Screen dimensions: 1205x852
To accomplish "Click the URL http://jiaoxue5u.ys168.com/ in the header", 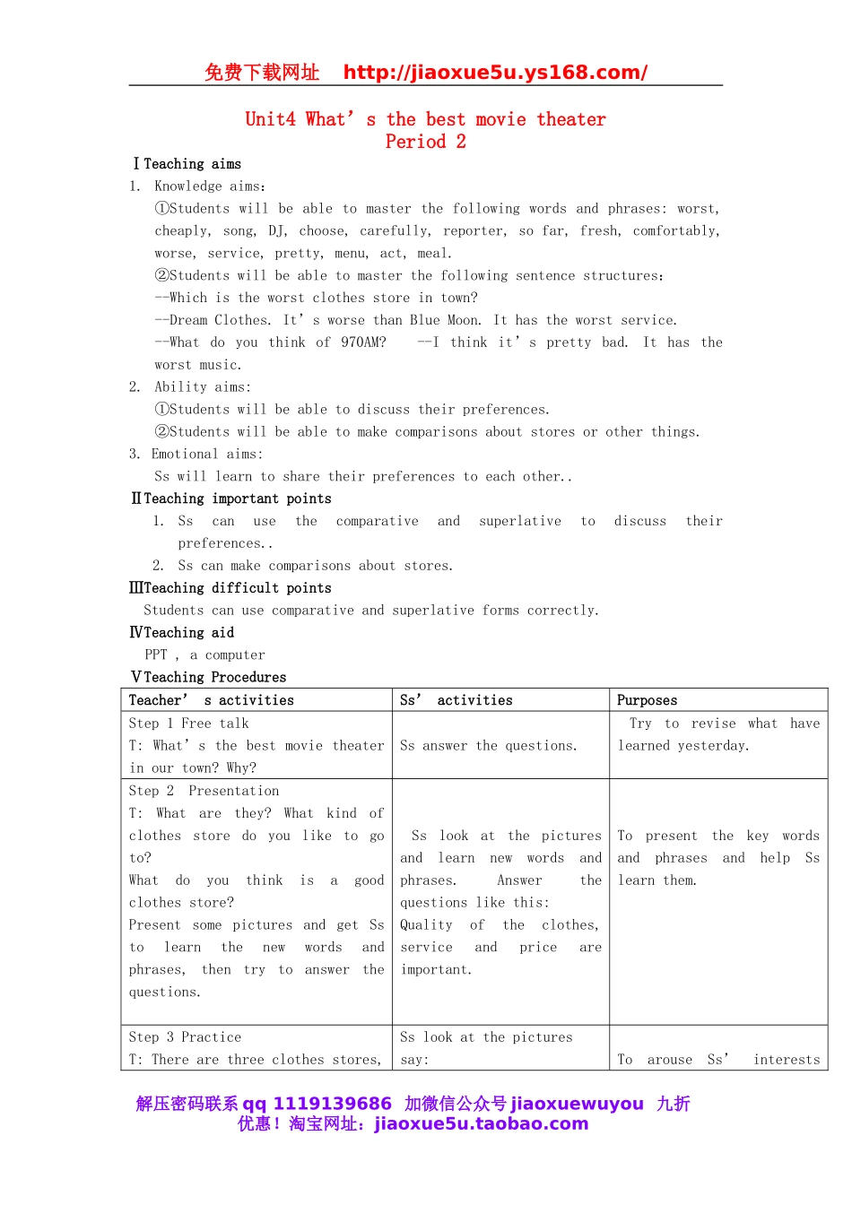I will [x=495, y=73].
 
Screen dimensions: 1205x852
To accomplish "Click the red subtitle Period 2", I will [x=425, y=142].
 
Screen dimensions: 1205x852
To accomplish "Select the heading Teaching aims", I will [x=192, y=164].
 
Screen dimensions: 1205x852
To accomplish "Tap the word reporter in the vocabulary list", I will [x=474, y=231].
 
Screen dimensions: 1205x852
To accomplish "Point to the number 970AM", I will [x=363, y=342].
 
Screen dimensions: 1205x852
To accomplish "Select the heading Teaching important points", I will [x=237, y=498].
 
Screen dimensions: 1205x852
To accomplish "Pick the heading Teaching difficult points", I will [x=237, y=588].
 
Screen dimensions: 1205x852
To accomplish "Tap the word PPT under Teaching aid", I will [x=156, y=655].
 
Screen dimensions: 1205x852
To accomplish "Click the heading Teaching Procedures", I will [x=214, y=678].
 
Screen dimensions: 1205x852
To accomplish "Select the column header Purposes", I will [x=647, y=700].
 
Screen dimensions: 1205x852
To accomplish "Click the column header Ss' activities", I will [x=456, y=700].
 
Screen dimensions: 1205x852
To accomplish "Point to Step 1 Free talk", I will [x=188, y=724].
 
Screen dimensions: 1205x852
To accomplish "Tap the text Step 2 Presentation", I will [x=204, y=791].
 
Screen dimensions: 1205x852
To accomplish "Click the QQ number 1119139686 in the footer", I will [x=332, y=1104].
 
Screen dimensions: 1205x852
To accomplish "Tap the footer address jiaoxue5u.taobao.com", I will [x=481, y=1124].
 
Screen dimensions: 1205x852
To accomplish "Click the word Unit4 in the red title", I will [x=270, y=120].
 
